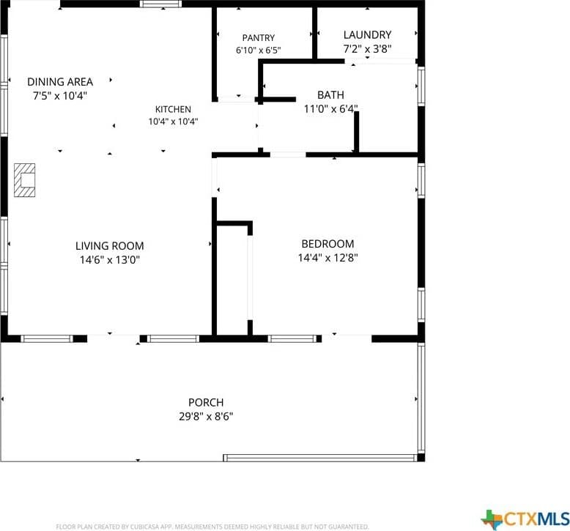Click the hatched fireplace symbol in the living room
(25, 180)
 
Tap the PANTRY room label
(259, 38)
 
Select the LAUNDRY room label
(367, 35)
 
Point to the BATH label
(330, 95)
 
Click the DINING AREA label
(60, 82)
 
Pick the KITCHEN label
(173, 109)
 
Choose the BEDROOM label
(327, 244)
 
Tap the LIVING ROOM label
(109, 246)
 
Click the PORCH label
(206, 403)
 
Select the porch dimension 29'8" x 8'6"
(206, 417)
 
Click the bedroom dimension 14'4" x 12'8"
(327, 258)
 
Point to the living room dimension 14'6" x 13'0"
(109, 260)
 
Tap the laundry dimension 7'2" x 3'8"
(367, 48)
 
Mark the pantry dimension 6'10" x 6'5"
(259, 50)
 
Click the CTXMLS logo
(525, 518)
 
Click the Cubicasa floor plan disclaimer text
(212, 527)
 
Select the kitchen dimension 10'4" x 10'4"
(173, 122)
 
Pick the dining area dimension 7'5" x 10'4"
(60, 96)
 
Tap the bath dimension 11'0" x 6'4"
(331, 108)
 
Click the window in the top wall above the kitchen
(160, 4)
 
